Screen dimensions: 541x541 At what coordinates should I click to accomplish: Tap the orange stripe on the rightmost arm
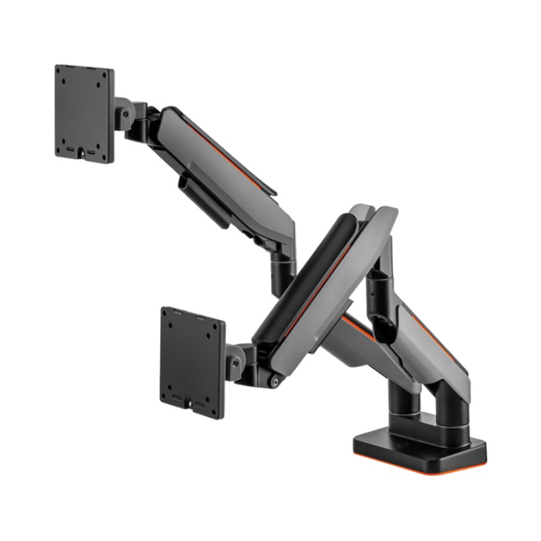[x=440, y=338]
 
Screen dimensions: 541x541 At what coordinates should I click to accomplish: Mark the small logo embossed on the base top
[x=404, y=444]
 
